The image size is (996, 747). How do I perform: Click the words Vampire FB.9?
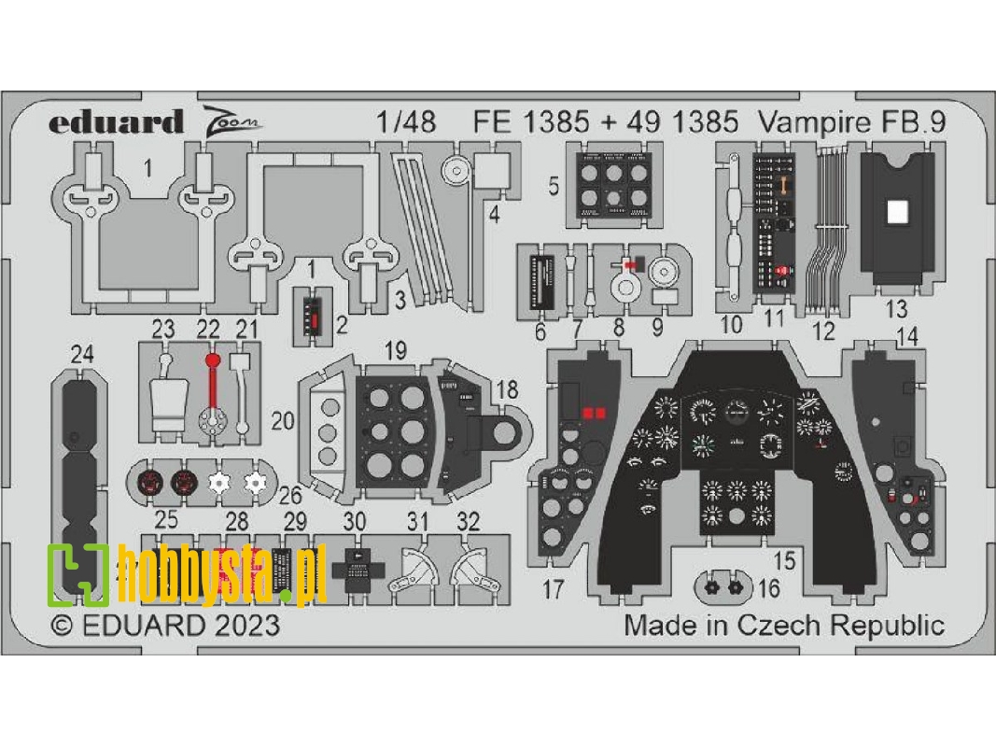(838, 121)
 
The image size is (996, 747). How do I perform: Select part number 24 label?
(82, 354)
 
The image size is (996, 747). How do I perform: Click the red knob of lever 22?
(212, 359)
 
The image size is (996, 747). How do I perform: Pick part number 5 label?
(554, 186)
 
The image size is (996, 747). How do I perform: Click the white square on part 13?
(896, 212)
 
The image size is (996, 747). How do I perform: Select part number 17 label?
(554, 589)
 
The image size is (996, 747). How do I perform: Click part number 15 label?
(784, 560)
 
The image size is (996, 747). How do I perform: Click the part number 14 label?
(905, 336)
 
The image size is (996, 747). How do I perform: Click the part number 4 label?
(494, 213)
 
